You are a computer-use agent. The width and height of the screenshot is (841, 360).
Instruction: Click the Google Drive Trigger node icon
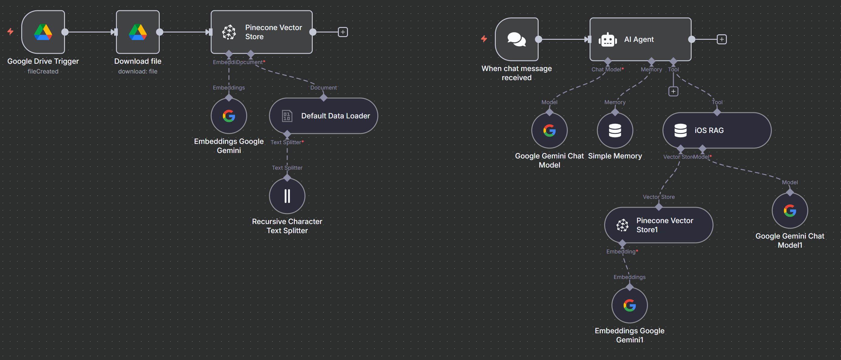click(43, 32)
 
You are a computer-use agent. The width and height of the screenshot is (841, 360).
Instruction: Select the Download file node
click(138, 32)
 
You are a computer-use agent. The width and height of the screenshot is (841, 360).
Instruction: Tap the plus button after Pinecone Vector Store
click(342, 32)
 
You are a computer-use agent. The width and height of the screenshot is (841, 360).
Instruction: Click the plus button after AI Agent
click(721, 39)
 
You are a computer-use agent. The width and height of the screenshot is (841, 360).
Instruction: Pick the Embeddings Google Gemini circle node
click(229, 116)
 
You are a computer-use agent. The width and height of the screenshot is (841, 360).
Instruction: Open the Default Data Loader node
click(323, 116)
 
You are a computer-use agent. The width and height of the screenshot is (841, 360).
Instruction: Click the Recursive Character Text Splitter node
click(287, 196)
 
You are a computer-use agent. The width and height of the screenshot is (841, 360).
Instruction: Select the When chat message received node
click(516, 39)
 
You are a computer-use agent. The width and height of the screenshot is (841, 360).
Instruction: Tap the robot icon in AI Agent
click(608, 40)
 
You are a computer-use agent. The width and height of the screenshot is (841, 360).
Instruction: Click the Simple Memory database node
click(615, 131)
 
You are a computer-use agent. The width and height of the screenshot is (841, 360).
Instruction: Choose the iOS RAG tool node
click(717, 131)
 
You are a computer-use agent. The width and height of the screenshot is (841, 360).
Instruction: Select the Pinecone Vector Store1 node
click(659, 225)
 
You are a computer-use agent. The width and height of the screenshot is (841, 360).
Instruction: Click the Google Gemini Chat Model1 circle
click(789, 211)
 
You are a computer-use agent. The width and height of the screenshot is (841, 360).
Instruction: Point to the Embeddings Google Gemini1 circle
click(629, 305)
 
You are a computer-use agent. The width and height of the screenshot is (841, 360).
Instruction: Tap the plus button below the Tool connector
click(673, 91)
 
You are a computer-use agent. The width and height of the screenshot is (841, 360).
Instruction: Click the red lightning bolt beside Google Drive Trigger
click(10, 31)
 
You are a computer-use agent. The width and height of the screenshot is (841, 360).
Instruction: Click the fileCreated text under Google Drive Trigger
click(43, 71)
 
